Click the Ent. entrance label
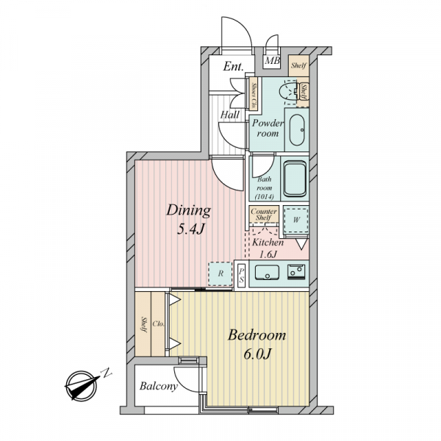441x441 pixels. click(233, 67)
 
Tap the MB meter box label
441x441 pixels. click(272, 61)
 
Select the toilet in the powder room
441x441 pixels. click(288, 91)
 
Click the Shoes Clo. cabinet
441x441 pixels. click(254, 93)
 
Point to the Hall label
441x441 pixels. click(230, 115)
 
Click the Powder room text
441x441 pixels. click(268, 128)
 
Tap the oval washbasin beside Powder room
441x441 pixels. click(297, 130)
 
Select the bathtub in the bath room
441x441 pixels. click(295, 179)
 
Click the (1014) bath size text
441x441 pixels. click(264, 196)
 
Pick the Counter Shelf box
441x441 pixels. click(264, 215)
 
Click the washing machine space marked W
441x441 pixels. click(296, 220)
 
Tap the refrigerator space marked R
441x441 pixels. click(220, 273)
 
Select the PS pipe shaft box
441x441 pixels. click(241, 276)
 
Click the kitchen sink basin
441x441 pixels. click(267, 272)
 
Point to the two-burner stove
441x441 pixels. click(296, 272)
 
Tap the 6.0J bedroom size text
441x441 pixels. click(257, 354)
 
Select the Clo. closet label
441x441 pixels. click(158, 324)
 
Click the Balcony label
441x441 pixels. click(159, 386)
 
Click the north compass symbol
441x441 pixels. click(81, 384)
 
